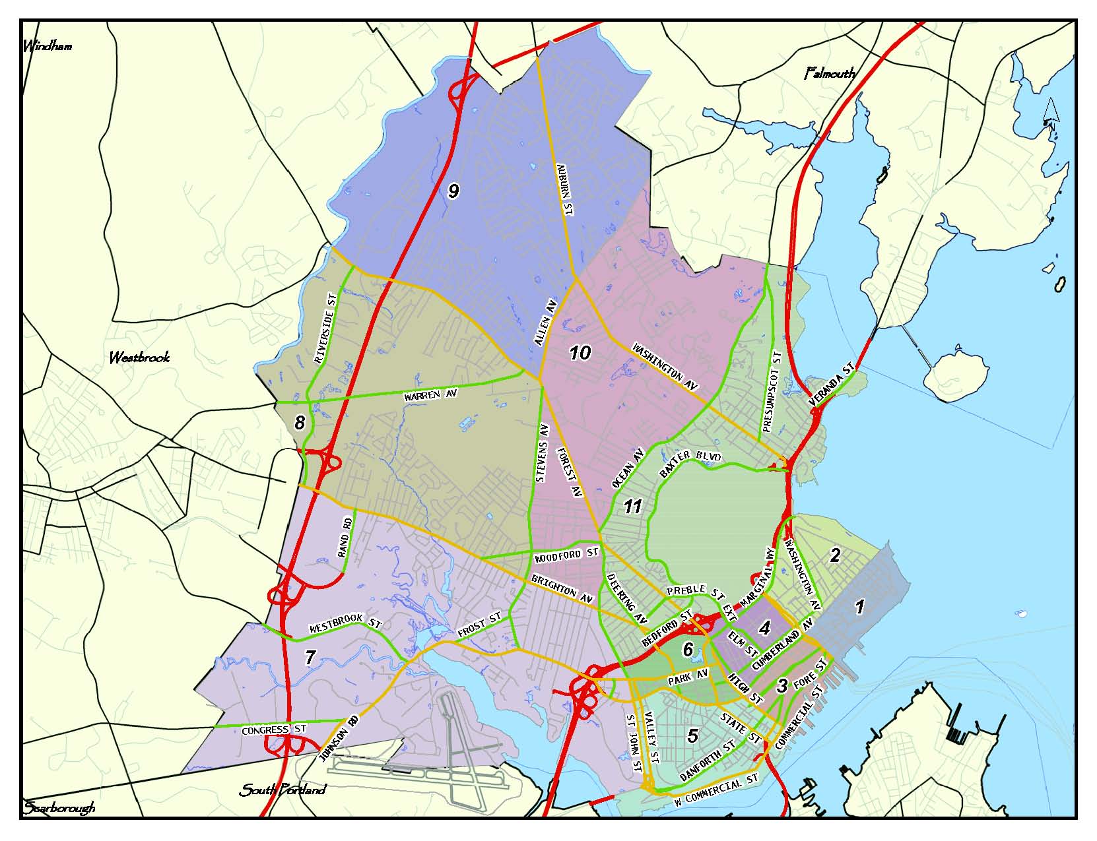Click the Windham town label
click(x=48, y=46)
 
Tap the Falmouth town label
click(x=830, y=73)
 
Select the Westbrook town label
click(x=139, y=358)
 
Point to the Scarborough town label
click(x=60, y=807)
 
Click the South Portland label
click(x=283, y=790)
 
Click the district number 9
click(x=453, y=191)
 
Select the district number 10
click(x=580, y=353)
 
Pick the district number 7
click(x=311, y=656)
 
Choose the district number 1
click(x=859, y=606)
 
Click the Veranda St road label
click(x=832, y=385)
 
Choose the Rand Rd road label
click(x=346, y=538)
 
